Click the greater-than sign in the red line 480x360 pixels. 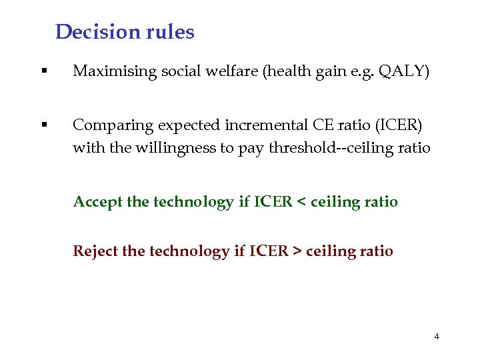pos(297,251)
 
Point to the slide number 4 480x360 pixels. pos(437,337)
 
